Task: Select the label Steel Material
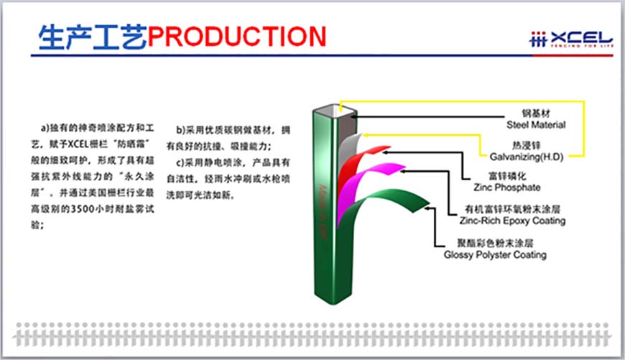[535, 125]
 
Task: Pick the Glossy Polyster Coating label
[494, 254]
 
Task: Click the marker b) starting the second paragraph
[181, 130]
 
